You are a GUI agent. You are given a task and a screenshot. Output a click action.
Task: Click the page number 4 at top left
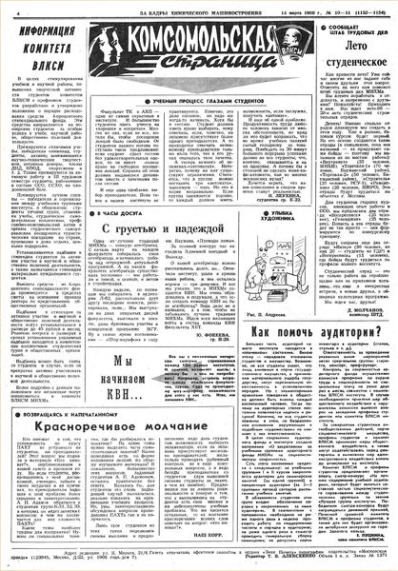click(x=7, y=10)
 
